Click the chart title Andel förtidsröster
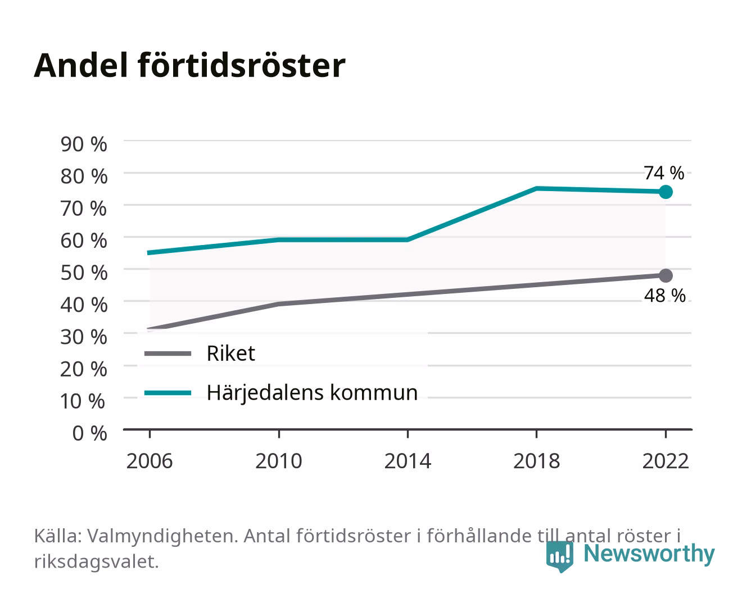pos(189,66)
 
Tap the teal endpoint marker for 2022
pos(666,192)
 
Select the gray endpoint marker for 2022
pos(666,275)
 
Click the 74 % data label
pos(664,173)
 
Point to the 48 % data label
pos(664,296)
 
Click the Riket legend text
pos(230,353)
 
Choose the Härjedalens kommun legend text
pos(312,393)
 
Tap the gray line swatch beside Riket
pos(168,353)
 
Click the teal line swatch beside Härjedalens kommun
pos(168,393)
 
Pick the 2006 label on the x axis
pos(150,461)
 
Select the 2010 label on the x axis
pos(279,461)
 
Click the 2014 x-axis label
pos(408,461)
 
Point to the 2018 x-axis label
pos(536,461)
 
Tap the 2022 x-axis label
pos(666,461)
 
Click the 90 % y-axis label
pos(84,144)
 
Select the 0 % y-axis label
pos(89,433)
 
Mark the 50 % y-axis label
pos(84,273)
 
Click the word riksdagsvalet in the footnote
pos(96,561)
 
